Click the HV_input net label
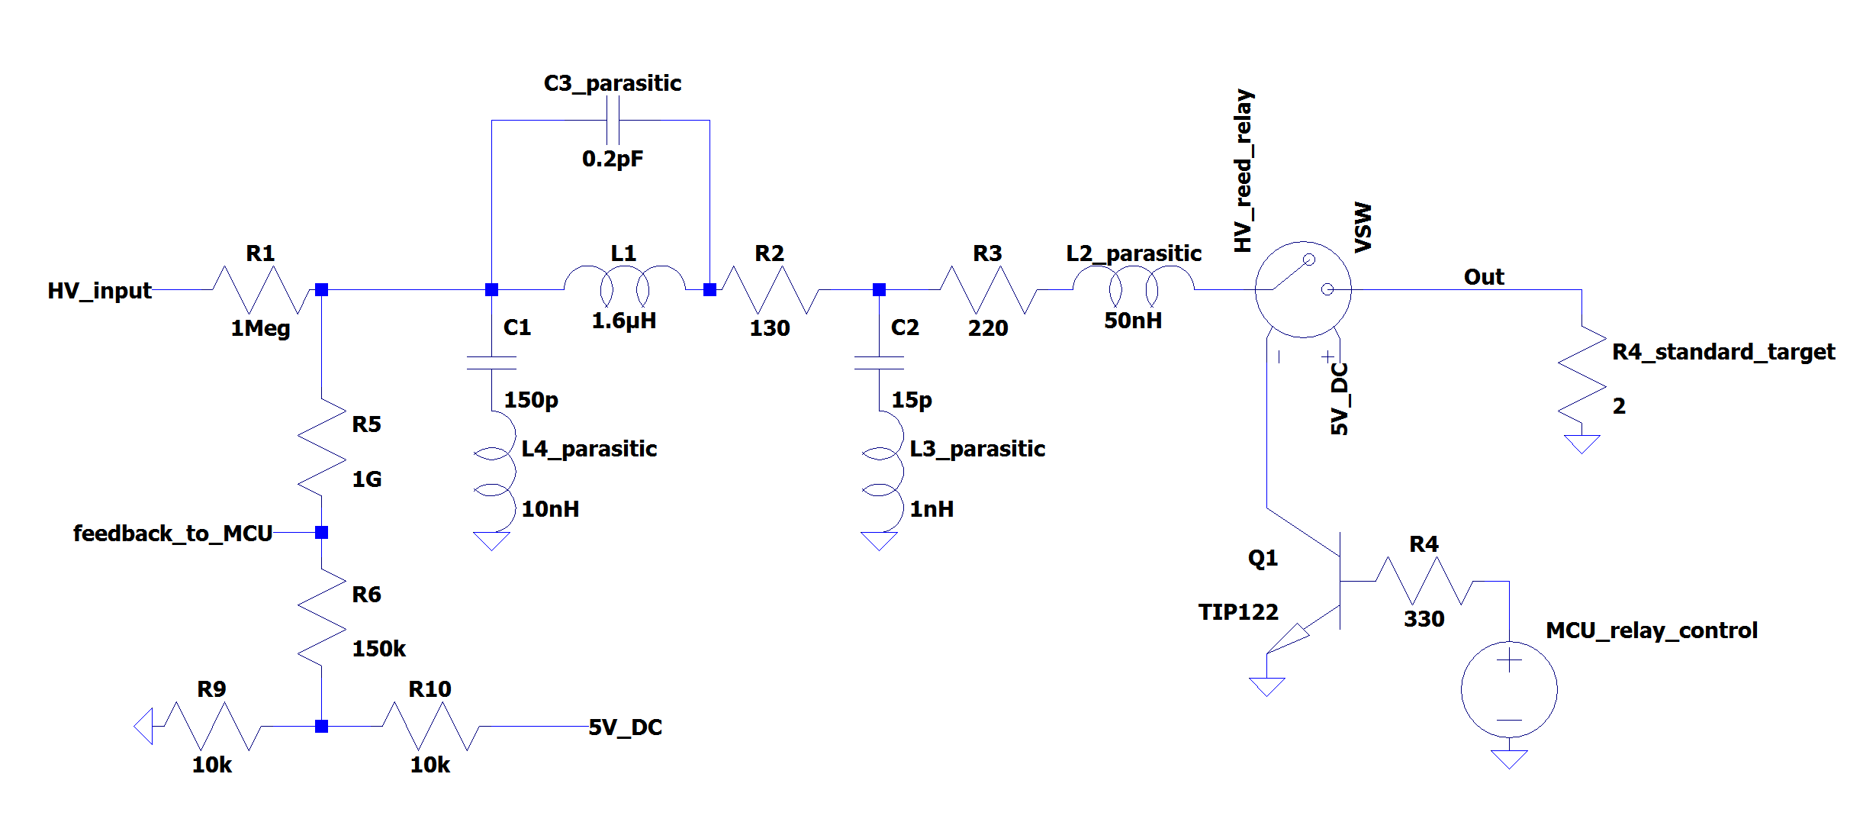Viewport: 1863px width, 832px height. [99, 291]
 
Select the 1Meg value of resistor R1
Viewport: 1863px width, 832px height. [260, 328]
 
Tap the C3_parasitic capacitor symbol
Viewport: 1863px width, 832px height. [613, 120]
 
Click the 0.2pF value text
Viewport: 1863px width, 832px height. [612, 159]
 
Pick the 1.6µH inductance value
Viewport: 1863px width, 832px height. [623, 321]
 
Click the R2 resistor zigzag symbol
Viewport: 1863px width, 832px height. [769, 289]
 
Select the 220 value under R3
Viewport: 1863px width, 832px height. [987, 328]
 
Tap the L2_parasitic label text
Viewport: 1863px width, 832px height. [1133, 253]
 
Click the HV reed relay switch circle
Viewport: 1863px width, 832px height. [1302, 289]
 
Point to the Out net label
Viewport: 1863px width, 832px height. [1483, 277]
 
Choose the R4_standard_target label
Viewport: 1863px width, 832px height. [1723, 352]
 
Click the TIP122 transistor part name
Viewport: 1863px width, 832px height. [1237, 612]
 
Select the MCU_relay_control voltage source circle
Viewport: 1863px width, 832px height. [1508, 689]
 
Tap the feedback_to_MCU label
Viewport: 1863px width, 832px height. [172, 534]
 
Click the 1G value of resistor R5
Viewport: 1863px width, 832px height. [366, 479]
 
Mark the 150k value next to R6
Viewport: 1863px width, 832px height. [378, 649]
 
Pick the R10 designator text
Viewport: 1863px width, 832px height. [430, 689]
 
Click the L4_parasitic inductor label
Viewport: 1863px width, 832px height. [588, 449]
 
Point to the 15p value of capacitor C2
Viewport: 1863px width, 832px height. [911, 400]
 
